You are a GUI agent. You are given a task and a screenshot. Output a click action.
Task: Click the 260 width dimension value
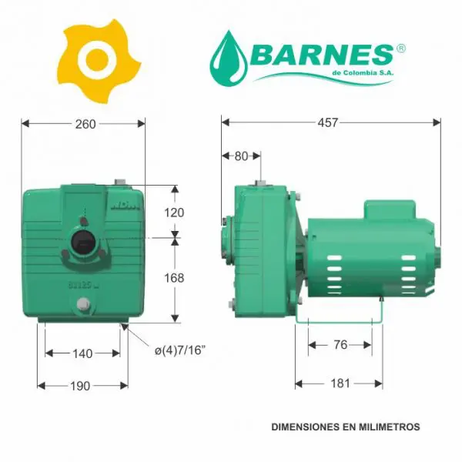click(x=85, y=124)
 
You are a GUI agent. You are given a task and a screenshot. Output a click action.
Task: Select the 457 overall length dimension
click(x=328, y=122)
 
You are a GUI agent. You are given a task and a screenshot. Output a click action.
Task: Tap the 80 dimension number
click(x=241, y=156)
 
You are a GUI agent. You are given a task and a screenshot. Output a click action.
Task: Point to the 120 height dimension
click(x=174, y=213)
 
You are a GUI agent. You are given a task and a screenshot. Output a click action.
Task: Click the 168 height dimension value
click(x=174, y=278)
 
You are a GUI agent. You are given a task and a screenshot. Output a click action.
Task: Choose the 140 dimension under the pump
click(x=82, y=353)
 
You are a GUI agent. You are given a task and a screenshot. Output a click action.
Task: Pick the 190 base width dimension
click(x=80, y=386)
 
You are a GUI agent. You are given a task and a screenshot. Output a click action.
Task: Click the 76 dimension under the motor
click(x=340, y=345)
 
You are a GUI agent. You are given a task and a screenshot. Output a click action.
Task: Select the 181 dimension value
click(x=340, y=383)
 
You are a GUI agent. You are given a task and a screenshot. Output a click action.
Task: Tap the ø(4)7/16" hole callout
click(x=179, y=350)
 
